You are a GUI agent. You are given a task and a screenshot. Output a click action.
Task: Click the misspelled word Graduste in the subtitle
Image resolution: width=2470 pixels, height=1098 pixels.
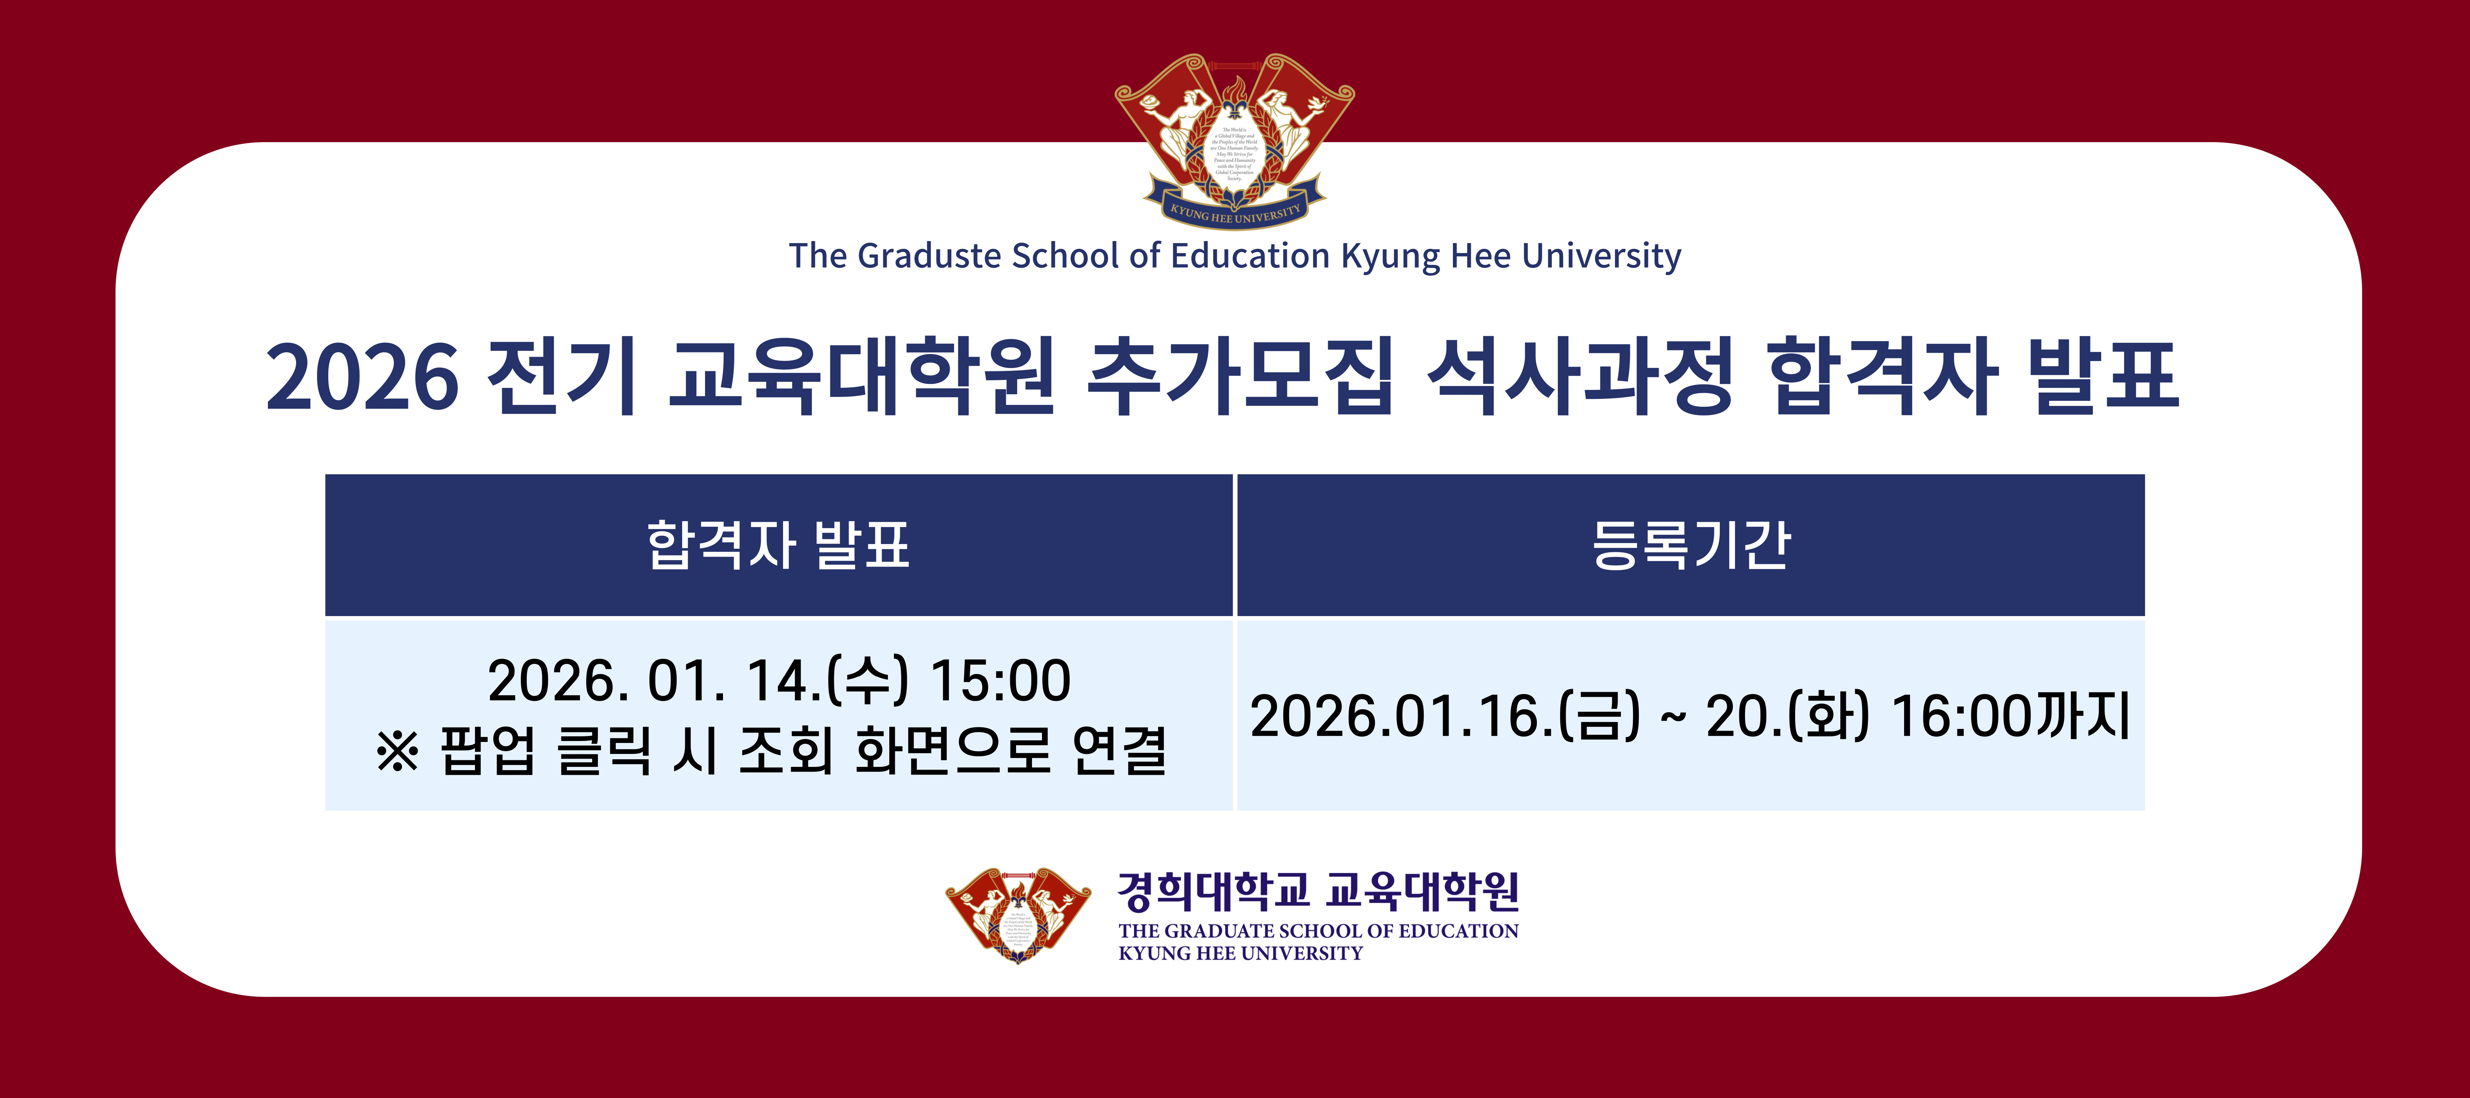pos(928,256)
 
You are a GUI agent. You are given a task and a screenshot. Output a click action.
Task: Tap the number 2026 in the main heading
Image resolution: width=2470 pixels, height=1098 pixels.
pos(362,376)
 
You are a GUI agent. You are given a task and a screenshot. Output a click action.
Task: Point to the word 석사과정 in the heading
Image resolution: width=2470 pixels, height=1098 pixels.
pos(1580,376)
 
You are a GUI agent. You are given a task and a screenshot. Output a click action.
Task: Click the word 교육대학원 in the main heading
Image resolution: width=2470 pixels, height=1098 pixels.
pos(861,376)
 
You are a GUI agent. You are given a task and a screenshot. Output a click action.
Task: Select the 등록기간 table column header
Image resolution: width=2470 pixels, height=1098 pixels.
pos(1691,545)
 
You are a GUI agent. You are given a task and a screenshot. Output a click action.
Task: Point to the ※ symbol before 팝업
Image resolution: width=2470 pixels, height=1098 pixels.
pos(397,751)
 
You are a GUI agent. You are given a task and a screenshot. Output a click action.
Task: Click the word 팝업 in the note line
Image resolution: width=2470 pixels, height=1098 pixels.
pos(487,751)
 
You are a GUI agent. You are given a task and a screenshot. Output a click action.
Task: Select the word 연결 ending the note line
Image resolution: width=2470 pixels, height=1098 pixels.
pos(1119,751)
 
